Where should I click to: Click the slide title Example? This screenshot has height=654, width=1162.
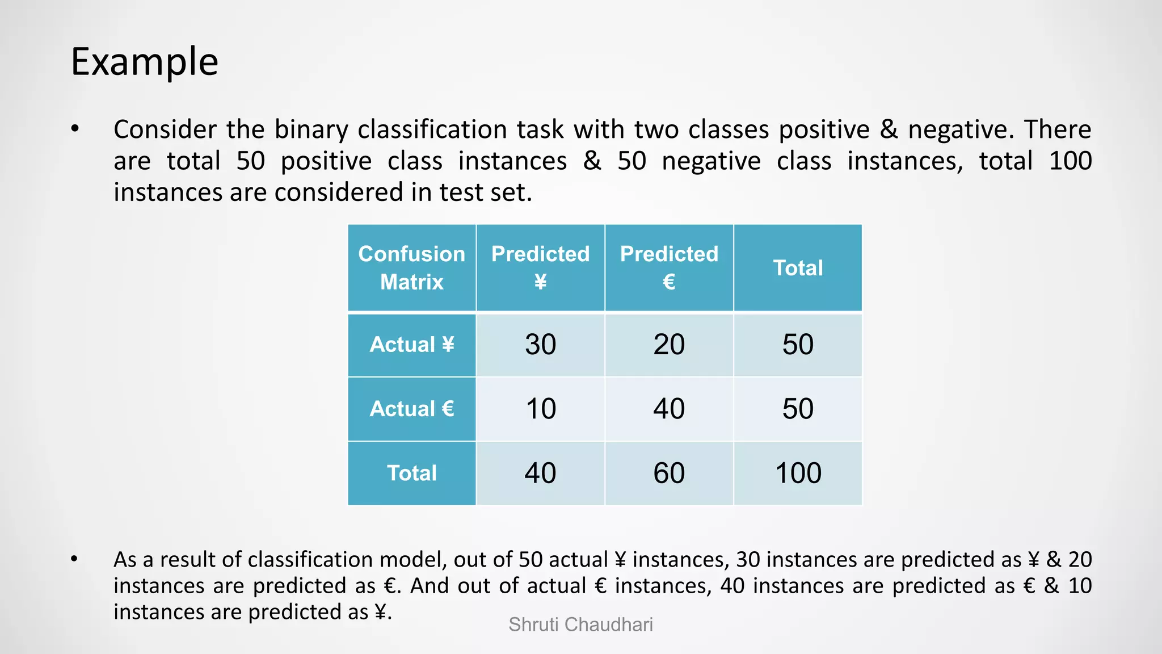click(144, 61)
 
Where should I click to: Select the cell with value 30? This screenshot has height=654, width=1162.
click(540, 345)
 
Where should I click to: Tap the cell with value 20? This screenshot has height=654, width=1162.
click(669, 345)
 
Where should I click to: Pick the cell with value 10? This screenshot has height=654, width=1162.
click(540, 409)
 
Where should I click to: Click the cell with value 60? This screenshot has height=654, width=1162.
click(669, 473)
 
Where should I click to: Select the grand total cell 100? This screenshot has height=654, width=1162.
click(798, 473)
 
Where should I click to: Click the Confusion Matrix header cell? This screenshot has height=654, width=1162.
click(411, 267)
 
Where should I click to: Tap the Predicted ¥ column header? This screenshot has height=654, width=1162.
click(540, 267)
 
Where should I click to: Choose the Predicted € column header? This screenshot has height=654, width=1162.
click(669, 267)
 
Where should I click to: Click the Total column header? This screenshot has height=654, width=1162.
click(798, 267)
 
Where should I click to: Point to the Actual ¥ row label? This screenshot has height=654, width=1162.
click(411, 345)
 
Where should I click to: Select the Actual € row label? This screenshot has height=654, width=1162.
click(411, 409)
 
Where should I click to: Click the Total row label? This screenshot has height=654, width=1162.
click(411, 473)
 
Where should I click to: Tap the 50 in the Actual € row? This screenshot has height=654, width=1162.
click(798, 409)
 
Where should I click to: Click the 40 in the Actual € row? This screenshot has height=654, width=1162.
click(669, 409)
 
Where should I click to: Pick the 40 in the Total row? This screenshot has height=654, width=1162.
click(540, 473)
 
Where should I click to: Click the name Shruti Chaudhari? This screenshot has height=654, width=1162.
click(580, 624)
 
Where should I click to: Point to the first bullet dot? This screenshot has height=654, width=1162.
click(75, 129)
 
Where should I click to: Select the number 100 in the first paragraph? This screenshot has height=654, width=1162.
click(1070, 161)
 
